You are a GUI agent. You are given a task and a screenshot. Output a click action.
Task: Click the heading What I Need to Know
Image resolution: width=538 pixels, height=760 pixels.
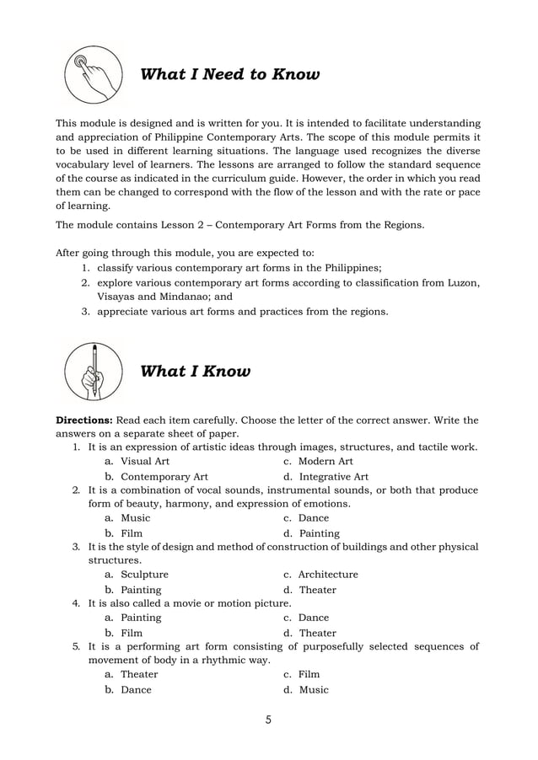pyautogui.click(x=229, y=75)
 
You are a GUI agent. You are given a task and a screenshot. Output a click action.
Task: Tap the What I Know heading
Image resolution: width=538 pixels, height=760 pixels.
pyautogui.click(x=195, y=372)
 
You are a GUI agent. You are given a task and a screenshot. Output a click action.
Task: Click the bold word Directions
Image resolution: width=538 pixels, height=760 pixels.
pyautogui.click(x=83, y=420)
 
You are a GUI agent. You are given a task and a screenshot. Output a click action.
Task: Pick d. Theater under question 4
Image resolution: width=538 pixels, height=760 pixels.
pyautogui.click(x=317, y=633)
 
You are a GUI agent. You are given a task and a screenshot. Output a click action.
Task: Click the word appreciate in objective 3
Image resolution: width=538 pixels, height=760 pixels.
pyautogui.click(x=125, y=312)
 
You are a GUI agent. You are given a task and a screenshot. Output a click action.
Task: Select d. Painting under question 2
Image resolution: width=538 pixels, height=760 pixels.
pyautogui.click(x=319, y=533)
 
